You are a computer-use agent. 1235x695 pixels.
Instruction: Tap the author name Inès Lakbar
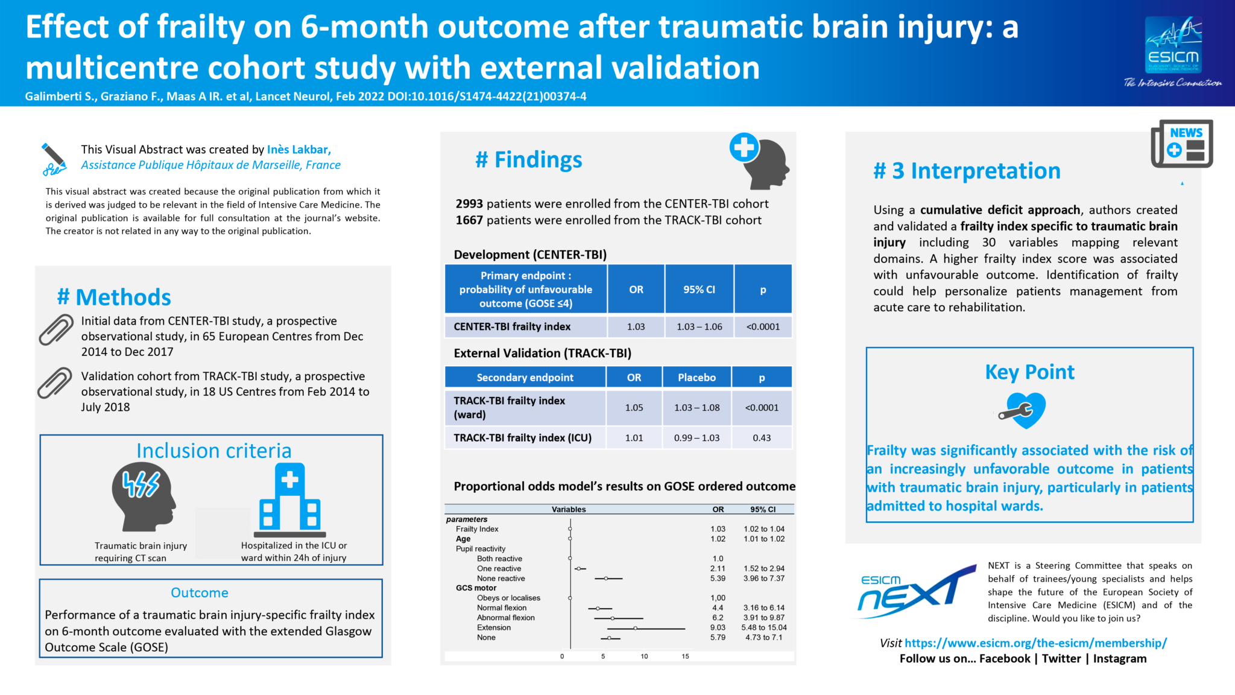[x=298, y=150]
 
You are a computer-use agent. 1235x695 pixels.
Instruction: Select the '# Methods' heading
[x=114, y=297]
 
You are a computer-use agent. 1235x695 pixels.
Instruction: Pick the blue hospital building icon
[x=290, y=500]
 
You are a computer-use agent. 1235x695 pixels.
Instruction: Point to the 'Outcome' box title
[x=200, y=592]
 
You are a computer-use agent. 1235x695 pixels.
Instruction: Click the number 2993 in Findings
[x=469, y=204]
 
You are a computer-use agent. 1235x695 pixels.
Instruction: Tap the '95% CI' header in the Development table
[x=699, y=290]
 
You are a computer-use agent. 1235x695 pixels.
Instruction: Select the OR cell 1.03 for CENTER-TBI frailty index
[x=636, y=327]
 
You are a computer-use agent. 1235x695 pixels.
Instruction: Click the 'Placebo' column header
[x=696, y=378]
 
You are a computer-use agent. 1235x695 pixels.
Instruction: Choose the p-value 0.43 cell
[x=762, y=438]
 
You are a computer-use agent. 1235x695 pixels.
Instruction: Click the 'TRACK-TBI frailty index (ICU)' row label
[x=522, y=438]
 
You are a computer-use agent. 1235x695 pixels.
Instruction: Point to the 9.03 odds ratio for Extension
[x=718, y=627]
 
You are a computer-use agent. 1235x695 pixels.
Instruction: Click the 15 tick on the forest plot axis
[x=685, y=656]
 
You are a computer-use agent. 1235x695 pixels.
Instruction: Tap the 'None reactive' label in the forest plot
[x=501, y=579]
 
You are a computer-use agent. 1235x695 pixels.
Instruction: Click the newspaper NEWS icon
[x=1182, y=144]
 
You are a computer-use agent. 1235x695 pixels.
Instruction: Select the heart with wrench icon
[x=1024, y=410]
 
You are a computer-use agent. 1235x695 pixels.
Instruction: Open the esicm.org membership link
[x=1035, y=643]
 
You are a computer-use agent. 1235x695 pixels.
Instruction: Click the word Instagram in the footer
[x=1120, y=659]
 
